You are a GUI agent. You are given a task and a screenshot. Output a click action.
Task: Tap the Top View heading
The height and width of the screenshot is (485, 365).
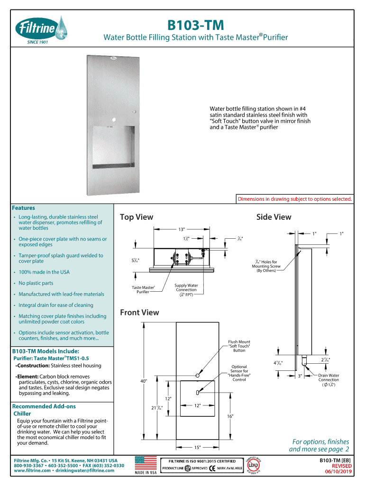point(137,217)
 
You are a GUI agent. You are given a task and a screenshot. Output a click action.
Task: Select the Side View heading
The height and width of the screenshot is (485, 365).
point(274,217)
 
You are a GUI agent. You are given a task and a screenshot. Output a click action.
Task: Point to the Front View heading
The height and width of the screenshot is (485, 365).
point(139,313)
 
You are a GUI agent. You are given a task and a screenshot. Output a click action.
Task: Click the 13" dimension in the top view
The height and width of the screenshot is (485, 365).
point(181,229)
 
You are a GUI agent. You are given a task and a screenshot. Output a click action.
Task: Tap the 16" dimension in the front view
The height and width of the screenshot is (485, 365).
point(230,416)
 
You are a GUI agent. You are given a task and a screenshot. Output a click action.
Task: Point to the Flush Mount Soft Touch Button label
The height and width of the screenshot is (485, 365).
point(239,346)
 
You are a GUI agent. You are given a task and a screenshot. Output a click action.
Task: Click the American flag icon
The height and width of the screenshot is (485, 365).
point(146,462)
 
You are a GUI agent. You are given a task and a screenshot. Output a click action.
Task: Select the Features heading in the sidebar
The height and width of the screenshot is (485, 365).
point(23,207)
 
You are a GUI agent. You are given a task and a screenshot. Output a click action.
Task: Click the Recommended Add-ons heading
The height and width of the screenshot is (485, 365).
point(44,406)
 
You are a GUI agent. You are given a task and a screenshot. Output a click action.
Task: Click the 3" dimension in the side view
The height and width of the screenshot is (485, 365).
point(300,376)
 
